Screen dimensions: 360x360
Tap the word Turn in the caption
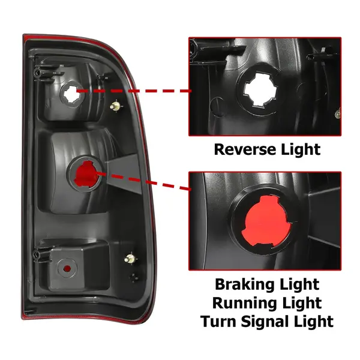coord(218,321)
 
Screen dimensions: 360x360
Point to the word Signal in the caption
coord(266,322)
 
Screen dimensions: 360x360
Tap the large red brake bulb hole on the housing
coord(85,174)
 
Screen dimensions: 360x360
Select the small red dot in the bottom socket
coord(67,268)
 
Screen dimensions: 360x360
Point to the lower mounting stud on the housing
coord(130,259)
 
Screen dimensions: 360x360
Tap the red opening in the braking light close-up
coord(267,220)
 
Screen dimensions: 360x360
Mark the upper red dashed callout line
coord(134,91)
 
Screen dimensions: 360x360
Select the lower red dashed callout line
coord(144,181)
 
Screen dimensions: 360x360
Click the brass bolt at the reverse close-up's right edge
coord(338,114)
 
